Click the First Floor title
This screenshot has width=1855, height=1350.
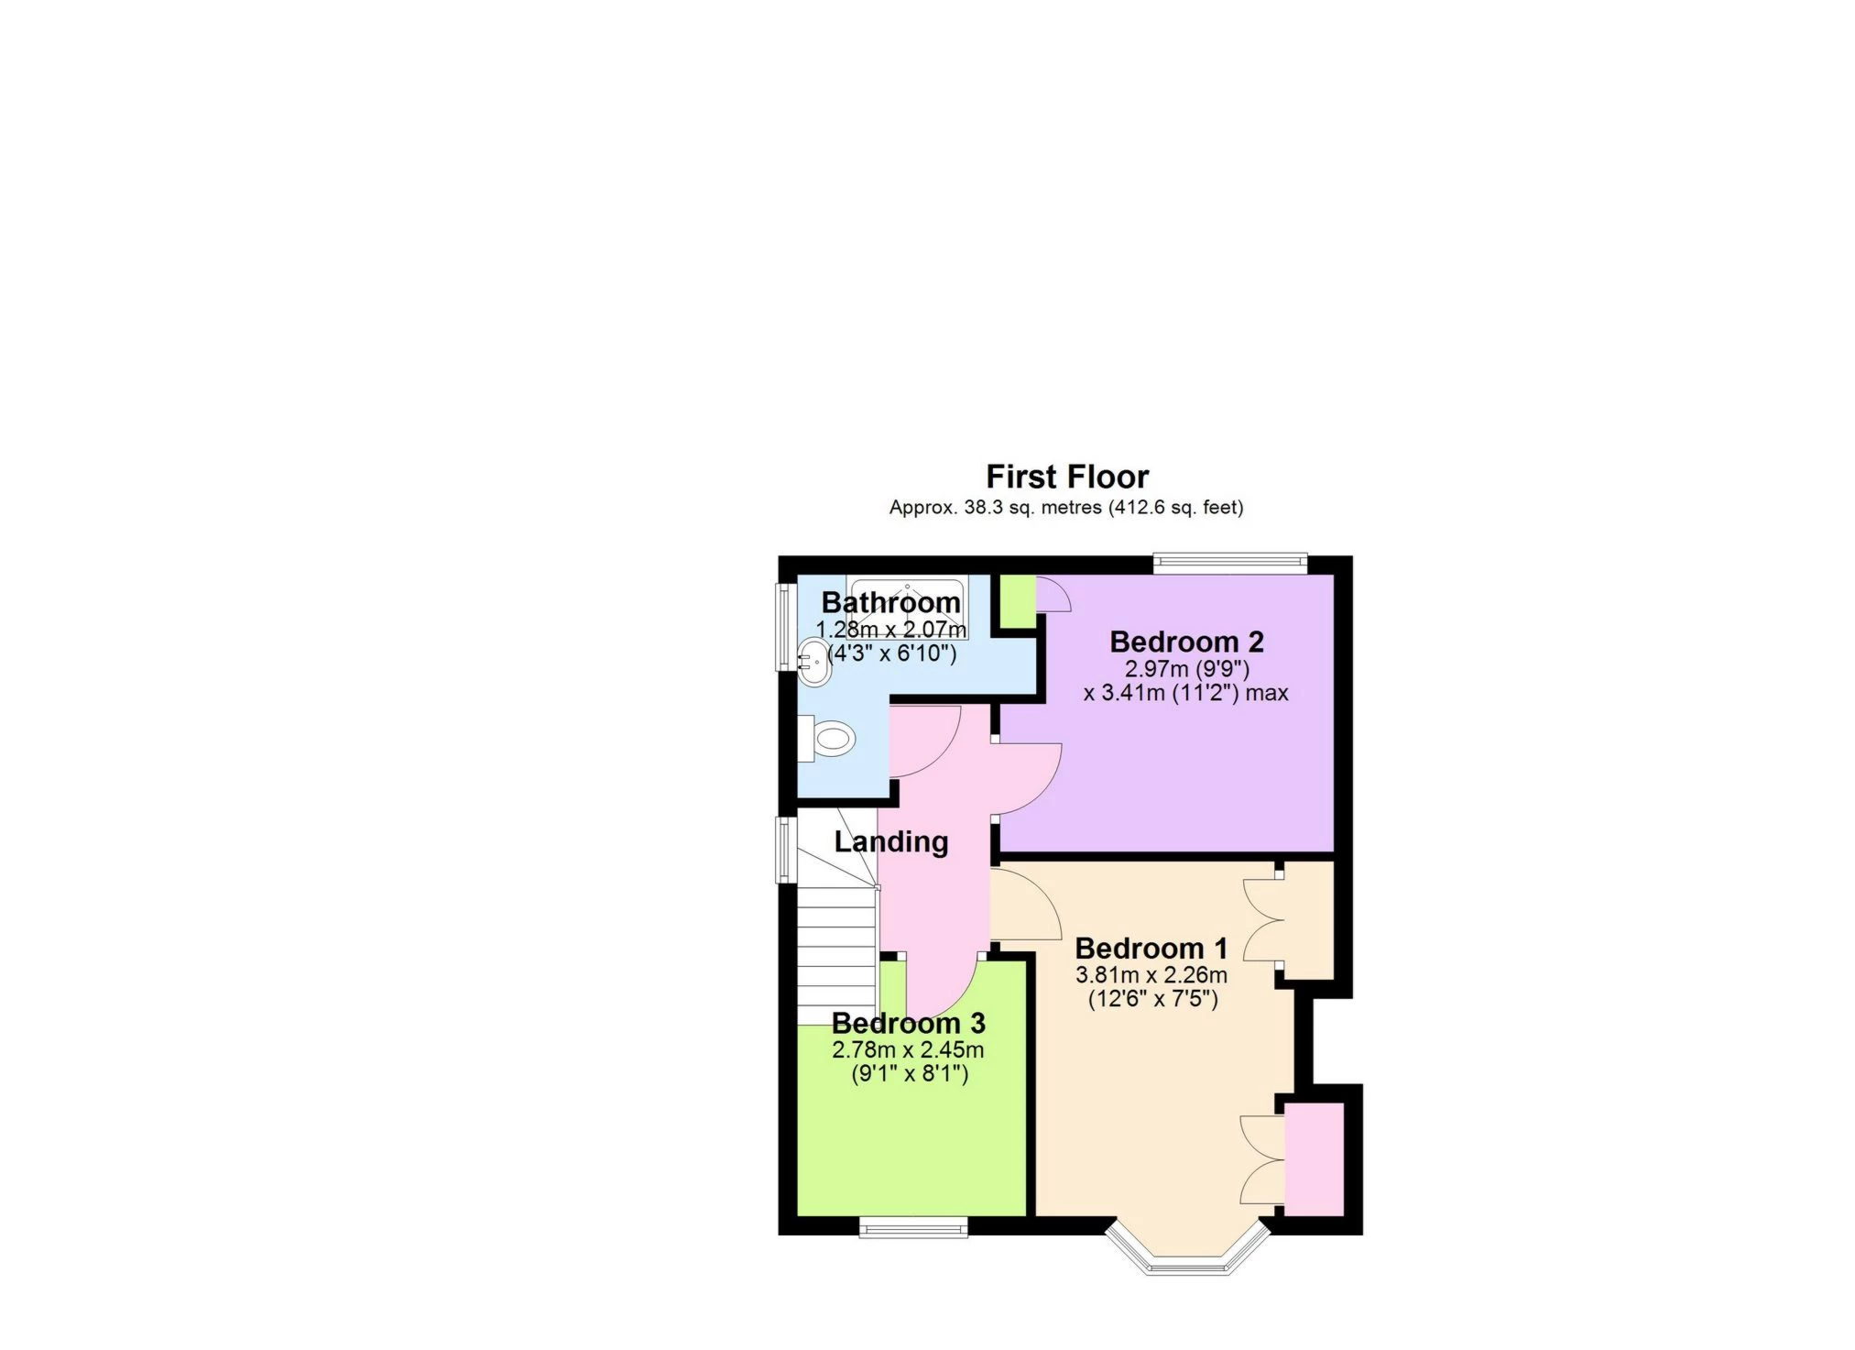[x=1066, y=477]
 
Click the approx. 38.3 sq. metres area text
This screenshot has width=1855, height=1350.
[x=1065, y=507]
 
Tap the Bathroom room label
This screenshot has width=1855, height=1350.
[x=890, y=602]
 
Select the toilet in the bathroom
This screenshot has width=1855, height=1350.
[x=830, y=738]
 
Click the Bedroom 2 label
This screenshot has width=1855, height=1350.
[x=1185, y=641]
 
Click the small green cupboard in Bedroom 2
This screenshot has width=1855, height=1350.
[x=1015, y=601]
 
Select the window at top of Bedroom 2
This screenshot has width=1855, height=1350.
[x=1229, y=564]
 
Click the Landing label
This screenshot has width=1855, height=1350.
[x=890, y=841]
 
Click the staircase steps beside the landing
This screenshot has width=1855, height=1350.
[x=835, y=962]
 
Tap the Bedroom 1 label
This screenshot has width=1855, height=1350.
[x=1151, y=948]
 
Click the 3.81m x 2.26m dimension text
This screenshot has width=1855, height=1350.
[x=1151, y=974]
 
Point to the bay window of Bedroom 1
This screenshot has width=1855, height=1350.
[x=1188, y=1260]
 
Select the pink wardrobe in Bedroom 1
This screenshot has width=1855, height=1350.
[x=1314, y=1159]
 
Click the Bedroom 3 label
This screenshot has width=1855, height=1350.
[x=908, y=1023]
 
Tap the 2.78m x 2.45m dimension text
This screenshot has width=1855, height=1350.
[x=908, y=1049]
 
